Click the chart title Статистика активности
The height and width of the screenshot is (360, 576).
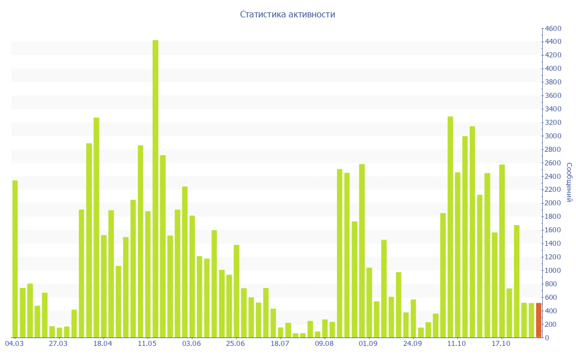287,15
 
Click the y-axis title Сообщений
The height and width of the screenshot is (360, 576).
569,182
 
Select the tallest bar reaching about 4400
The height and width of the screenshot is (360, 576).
155,188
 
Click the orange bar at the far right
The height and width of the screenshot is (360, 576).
538,321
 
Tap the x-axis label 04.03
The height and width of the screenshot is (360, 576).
14,344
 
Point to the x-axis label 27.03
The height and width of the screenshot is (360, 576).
58,344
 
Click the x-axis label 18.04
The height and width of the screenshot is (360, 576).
102,344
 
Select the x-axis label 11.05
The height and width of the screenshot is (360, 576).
147,344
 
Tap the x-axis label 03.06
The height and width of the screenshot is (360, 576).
191,344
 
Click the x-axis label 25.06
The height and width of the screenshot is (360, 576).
235,344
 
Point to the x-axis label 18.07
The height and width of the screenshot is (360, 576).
280,344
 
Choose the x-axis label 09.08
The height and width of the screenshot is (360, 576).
324,344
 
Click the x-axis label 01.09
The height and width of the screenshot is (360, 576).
368,344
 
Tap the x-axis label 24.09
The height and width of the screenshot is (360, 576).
412,344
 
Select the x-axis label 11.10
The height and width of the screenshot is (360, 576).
457,344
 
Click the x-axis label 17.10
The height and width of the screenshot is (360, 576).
501,344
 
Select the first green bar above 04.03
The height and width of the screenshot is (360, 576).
15,259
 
